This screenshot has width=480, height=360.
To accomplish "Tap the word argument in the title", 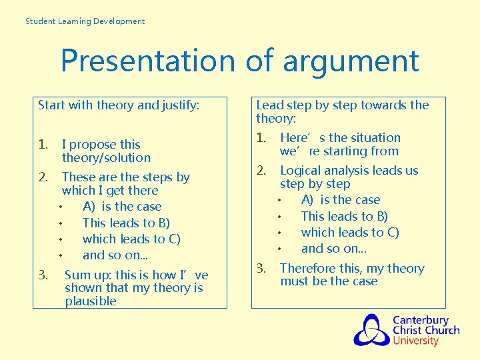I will tap(351, 61).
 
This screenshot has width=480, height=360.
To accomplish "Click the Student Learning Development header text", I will tap(85, 21).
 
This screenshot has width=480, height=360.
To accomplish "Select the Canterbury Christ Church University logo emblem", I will tap(371, 330).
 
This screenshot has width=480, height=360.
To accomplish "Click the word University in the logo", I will tap(415, 341).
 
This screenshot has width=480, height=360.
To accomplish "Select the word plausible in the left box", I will tap(91, 301).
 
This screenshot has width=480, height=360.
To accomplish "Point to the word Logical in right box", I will tap(302, 171).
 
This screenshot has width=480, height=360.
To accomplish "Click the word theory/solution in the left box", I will tap(106, 158).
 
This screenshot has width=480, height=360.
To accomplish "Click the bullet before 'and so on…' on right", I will tap(280, 249).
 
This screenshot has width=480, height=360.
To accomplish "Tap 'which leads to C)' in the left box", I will tap(131, 239).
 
